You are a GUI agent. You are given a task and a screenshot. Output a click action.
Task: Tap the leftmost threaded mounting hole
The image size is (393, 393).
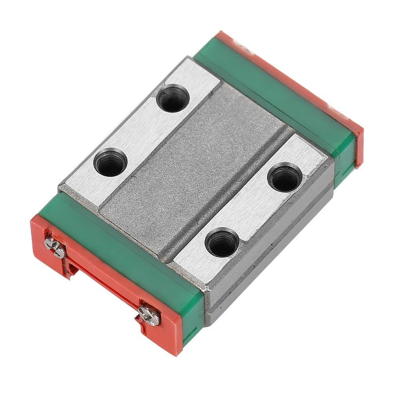pos(111,164)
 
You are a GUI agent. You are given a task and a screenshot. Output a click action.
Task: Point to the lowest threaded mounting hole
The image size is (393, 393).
pos(222,243)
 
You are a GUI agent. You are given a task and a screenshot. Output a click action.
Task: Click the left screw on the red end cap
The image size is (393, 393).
pos(55,247)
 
